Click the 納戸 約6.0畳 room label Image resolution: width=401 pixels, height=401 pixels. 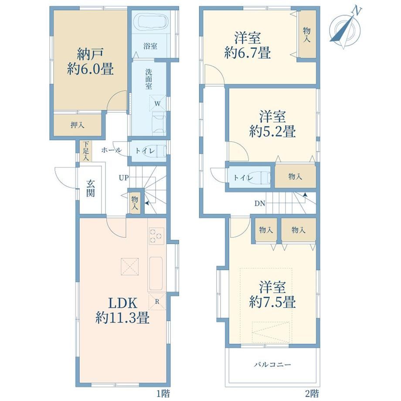pos(90,61)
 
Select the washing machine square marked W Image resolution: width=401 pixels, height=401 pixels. pos(157,103)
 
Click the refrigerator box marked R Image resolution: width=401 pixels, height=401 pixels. pos(157,302)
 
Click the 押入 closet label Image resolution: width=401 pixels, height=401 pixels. pos(78,125)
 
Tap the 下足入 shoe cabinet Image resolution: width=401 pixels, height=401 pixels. pos(86,151)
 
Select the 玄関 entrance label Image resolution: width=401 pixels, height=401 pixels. pos(91,188)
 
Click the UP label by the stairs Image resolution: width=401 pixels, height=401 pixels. pos(123,177)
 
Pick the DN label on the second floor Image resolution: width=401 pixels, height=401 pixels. pos(260,204)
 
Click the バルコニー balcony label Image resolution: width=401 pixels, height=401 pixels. pos(272,364)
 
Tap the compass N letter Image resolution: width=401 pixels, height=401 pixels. pos(357,11)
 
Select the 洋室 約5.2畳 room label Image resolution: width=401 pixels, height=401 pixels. pos(272,124)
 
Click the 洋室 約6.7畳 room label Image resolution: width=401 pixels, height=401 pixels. pos(248,45)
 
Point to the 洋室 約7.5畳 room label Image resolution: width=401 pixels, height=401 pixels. pos(272,294)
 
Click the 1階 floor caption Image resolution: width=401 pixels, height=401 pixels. pos(163,393)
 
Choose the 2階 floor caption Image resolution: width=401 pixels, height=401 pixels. pos(312,393)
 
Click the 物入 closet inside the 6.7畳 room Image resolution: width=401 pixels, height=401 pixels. pos(307,34)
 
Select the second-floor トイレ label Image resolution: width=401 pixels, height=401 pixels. pos(243,177)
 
